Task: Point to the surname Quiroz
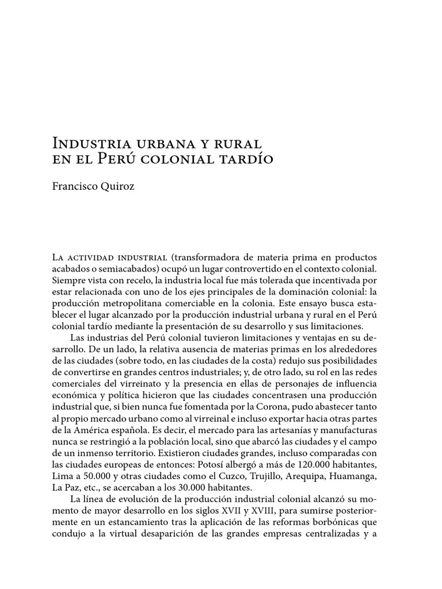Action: click(119, 186)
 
